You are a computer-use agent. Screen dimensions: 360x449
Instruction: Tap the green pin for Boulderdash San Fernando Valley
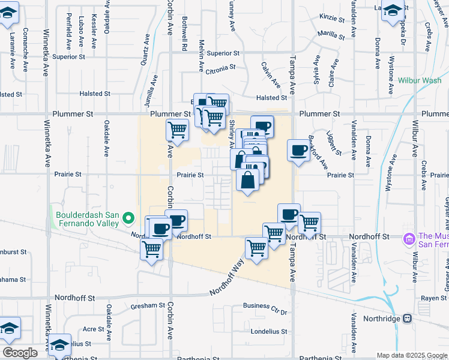[x=128, y=217]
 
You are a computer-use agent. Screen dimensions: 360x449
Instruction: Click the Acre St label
[x=93, y=329]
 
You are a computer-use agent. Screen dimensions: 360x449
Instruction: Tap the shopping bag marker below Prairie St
[x=248, y=179]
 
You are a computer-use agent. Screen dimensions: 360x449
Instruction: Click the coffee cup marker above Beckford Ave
[x=298, y=151]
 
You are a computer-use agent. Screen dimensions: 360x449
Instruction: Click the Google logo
[x=20, y=353]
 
